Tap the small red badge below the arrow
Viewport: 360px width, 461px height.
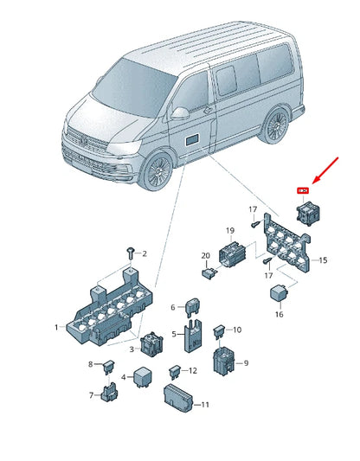pyautogui.click(x=303, y=190)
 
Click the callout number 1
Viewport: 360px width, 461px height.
pyautogui.click(x=56, y=328)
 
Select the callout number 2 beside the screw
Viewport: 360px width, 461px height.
pyautogui.click(x=145, y=253)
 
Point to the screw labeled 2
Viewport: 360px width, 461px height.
pyautogui.click(x=130, y=252)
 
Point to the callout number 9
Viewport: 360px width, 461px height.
pyautogui.click(x=246, y=363)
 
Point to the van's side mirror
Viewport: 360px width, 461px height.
pyautogui.click(x=179, y=113)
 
